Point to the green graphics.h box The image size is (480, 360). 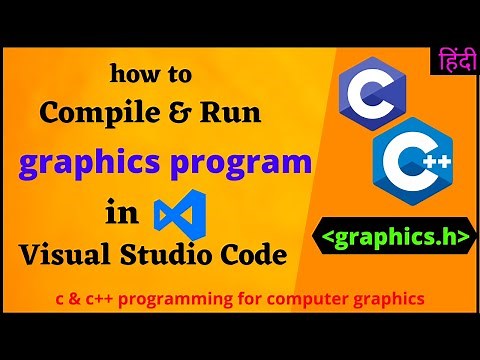pyautogui.click(x=397, y=239)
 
